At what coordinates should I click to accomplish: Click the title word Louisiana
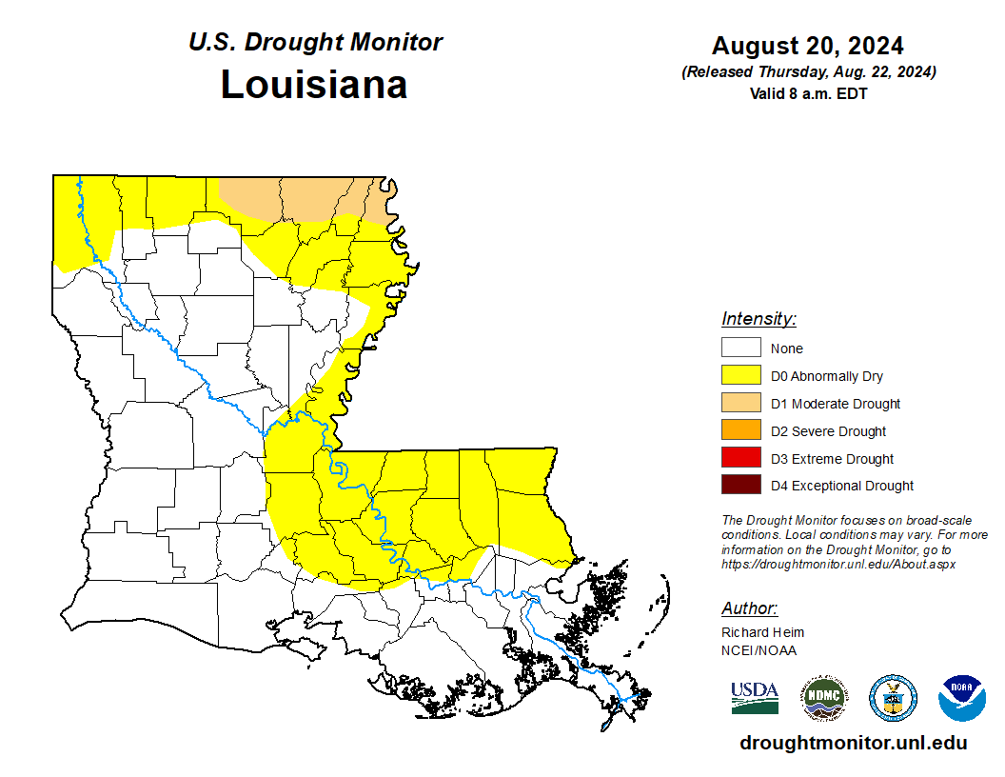[314, 85]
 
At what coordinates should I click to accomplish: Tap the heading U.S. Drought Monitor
[315, 42]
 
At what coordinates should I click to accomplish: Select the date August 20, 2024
[807, 46]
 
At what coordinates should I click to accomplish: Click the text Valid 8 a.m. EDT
[807, 93]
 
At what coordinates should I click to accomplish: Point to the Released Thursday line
[808, 72]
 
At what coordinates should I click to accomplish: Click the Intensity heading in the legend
[759, 319]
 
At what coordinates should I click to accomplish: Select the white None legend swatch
[740, 349]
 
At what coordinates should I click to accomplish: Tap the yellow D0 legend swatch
[740, 376]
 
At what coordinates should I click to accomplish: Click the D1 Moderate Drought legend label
[835, 404]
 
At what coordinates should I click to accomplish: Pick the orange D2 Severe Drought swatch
[740, 431]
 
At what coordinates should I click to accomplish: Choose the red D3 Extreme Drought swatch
[740, 459]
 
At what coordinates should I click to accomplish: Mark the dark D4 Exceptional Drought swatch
[740, 486]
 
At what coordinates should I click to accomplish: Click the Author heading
[749, 608]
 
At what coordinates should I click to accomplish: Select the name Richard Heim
[762, 632]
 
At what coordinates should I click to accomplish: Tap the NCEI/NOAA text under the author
[759, 650]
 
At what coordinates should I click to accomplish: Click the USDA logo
[755, 697]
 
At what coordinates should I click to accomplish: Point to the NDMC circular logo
[824, 698]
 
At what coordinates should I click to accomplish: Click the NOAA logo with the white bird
[961, 698]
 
